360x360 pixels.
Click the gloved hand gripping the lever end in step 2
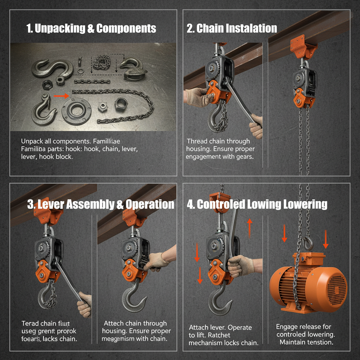(x=256, y=125)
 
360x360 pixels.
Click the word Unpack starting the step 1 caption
(x=32, y=141)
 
